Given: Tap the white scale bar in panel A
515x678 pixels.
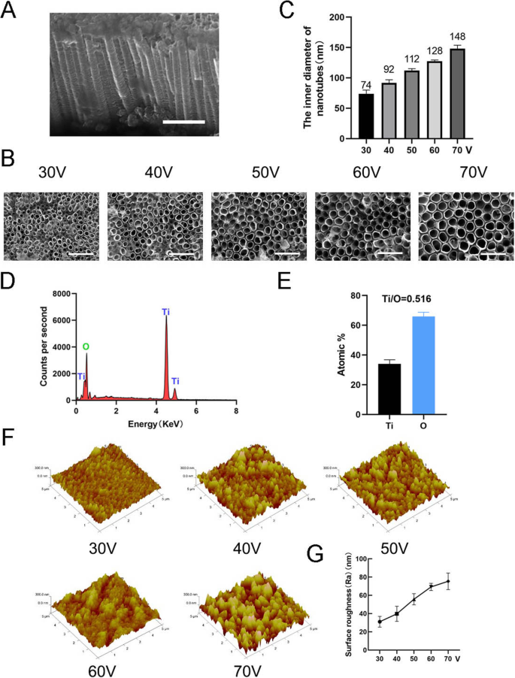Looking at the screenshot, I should [183, 120].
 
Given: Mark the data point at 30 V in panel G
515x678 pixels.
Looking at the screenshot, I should [380, 622].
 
